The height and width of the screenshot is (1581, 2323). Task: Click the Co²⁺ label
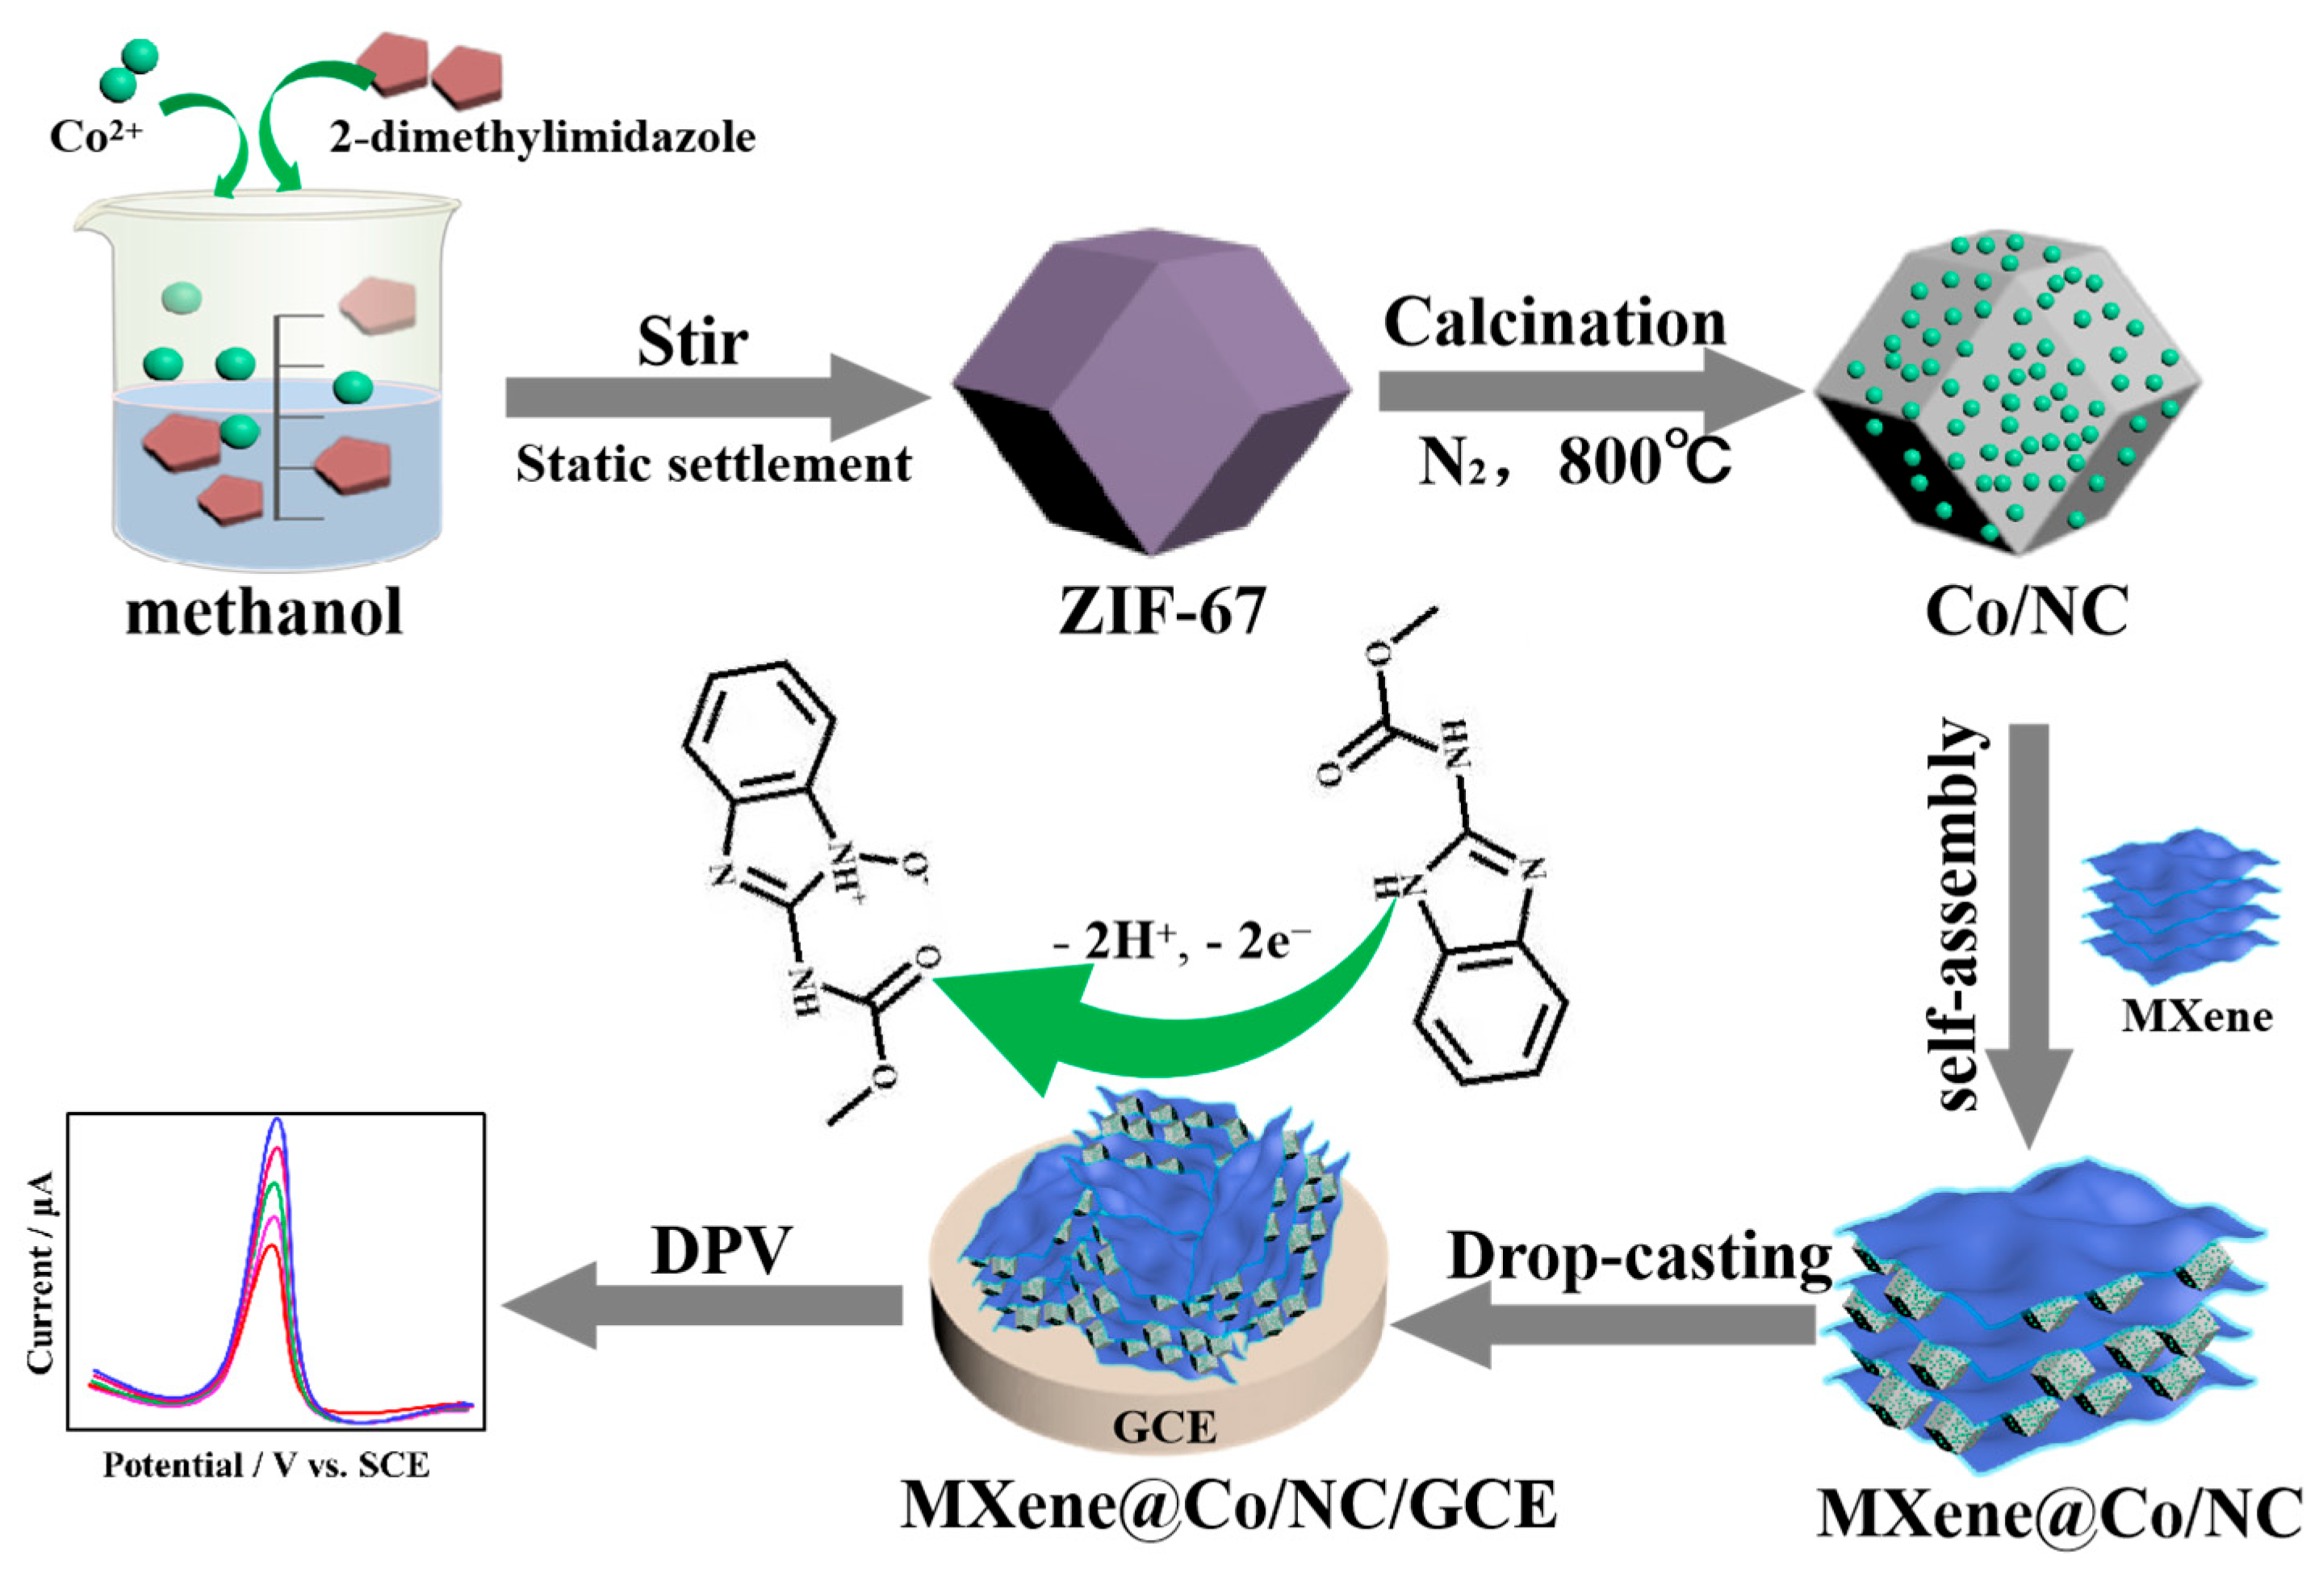pyautogui.click(x=96, y=136)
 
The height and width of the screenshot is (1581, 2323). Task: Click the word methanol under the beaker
pyautogui.click(x=264, y=612)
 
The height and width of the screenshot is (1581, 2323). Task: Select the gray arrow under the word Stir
pyautogui.click(x=714, y=397)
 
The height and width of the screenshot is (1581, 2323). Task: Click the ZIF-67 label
pyautogui.click(x=1162, y=612)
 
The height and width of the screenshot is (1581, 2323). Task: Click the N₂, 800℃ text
pyautogui.click(x=1574, y=462)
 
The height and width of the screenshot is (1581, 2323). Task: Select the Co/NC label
pyautogui.click(x=2026, y=612)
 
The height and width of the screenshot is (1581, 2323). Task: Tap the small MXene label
pyautogui.click(x=2197, y=1016)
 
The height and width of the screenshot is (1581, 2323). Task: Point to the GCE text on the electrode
pyautogui.click(x=1165, y=1426)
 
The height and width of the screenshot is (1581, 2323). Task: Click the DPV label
pyautogui.click(x=721, y=1250)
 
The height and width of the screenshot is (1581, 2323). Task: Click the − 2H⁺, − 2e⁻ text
pyautogui.click(x=1182, y=940)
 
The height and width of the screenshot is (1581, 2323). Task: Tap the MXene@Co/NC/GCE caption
pyautogui.click(x=1228, y=1506)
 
